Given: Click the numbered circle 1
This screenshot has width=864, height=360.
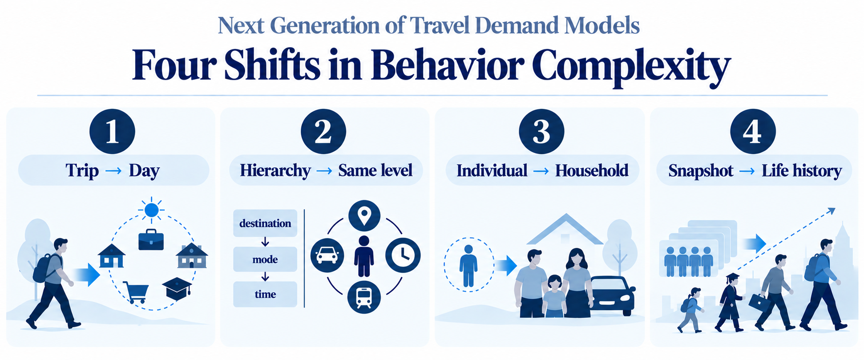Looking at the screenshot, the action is click(112, 132).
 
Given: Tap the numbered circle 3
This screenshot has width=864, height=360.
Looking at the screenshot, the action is click(541, 132).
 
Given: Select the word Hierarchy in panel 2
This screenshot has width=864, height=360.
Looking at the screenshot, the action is click(275, 170).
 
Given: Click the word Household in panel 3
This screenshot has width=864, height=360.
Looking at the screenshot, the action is click(592, 170).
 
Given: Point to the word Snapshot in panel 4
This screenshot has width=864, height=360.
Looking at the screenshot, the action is click(701, 171).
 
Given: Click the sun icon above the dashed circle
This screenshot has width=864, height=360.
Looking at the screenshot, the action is click(152, 209).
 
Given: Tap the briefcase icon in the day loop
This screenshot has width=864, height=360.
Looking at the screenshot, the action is click(151, 239).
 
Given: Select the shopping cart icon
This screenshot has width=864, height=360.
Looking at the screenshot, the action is click(136, 292).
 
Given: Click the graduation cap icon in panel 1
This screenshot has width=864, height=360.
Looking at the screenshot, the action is click(177, 288).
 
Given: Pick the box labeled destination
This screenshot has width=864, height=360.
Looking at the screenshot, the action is click(265, 223).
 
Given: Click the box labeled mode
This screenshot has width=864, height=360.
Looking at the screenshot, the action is click(265, 259).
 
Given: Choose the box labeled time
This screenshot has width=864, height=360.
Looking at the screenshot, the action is click(265, 294).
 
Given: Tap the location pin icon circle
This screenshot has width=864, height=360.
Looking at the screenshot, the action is click(364, 216).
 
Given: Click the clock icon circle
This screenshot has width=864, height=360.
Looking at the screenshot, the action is click(403, 255).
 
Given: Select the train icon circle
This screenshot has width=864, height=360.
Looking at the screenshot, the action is click(364, 297).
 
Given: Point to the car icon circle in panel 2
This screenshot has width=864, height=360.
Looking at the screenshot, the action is click(327, 255).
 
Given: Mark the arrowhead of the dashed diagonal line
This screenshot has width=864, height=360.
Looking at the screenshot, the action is click(832, 211).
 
